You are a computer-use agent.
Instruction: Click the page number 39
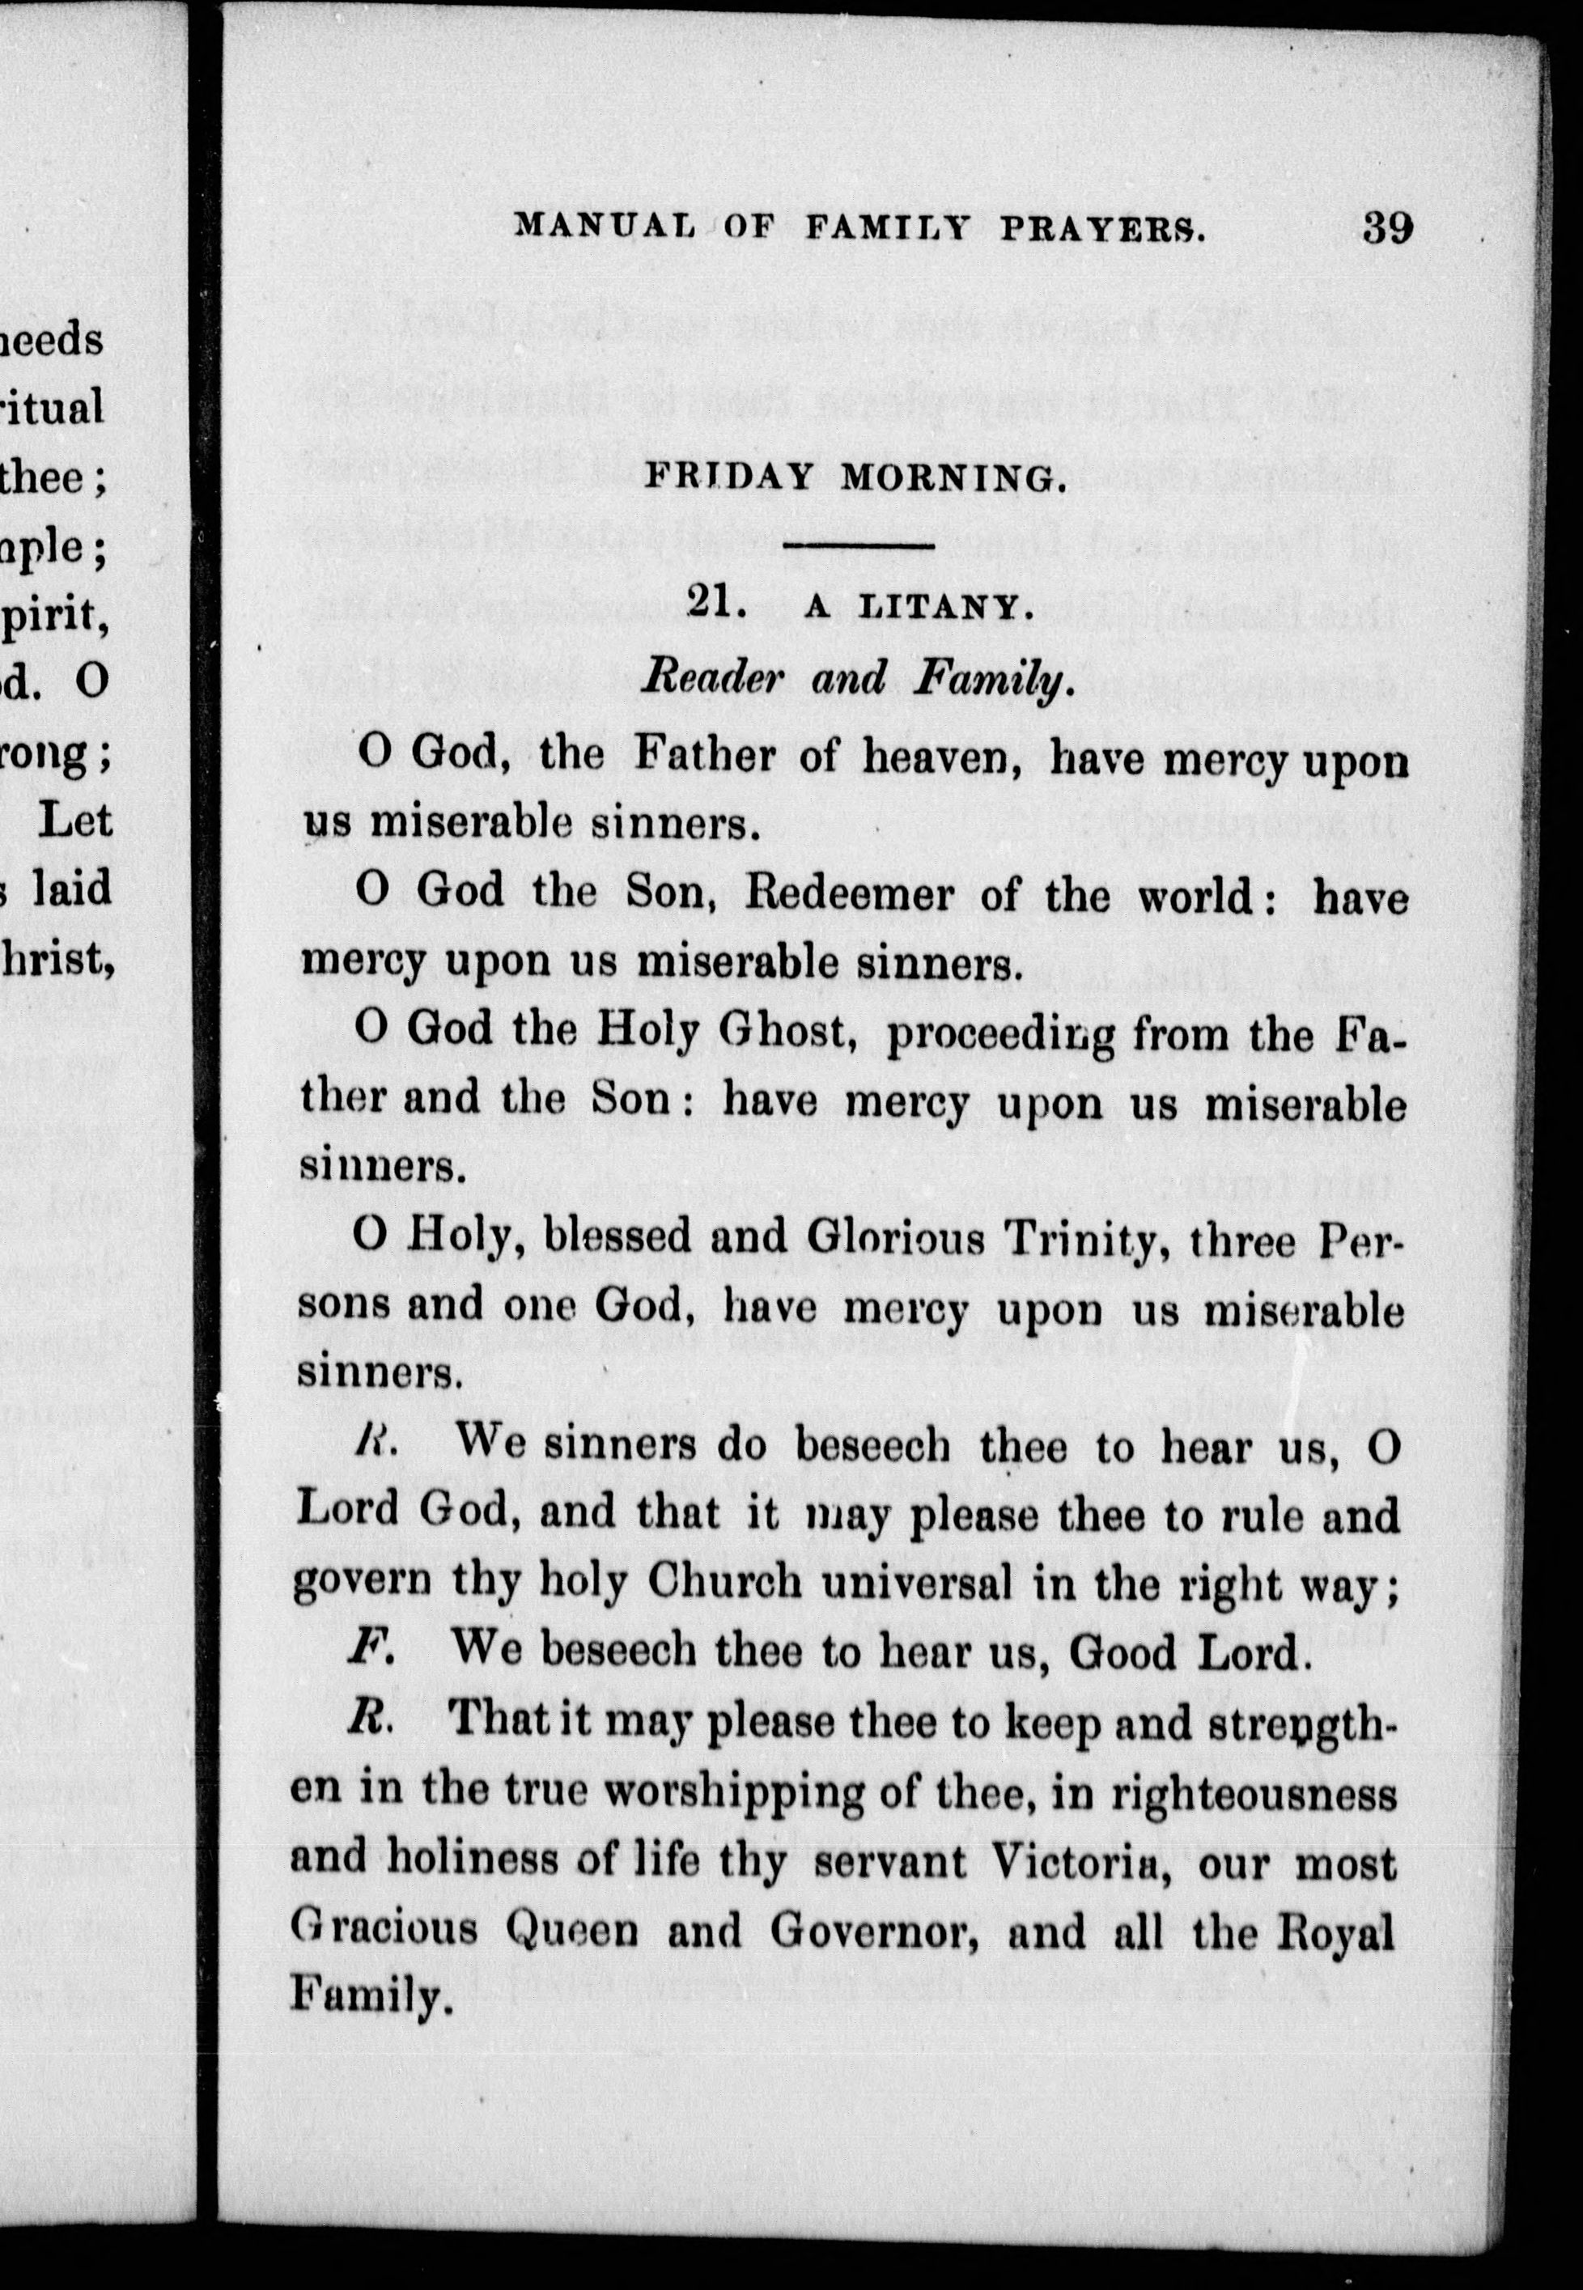[1386, 228]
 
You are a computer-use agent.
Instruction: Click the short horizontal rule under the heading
[859, 546]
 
